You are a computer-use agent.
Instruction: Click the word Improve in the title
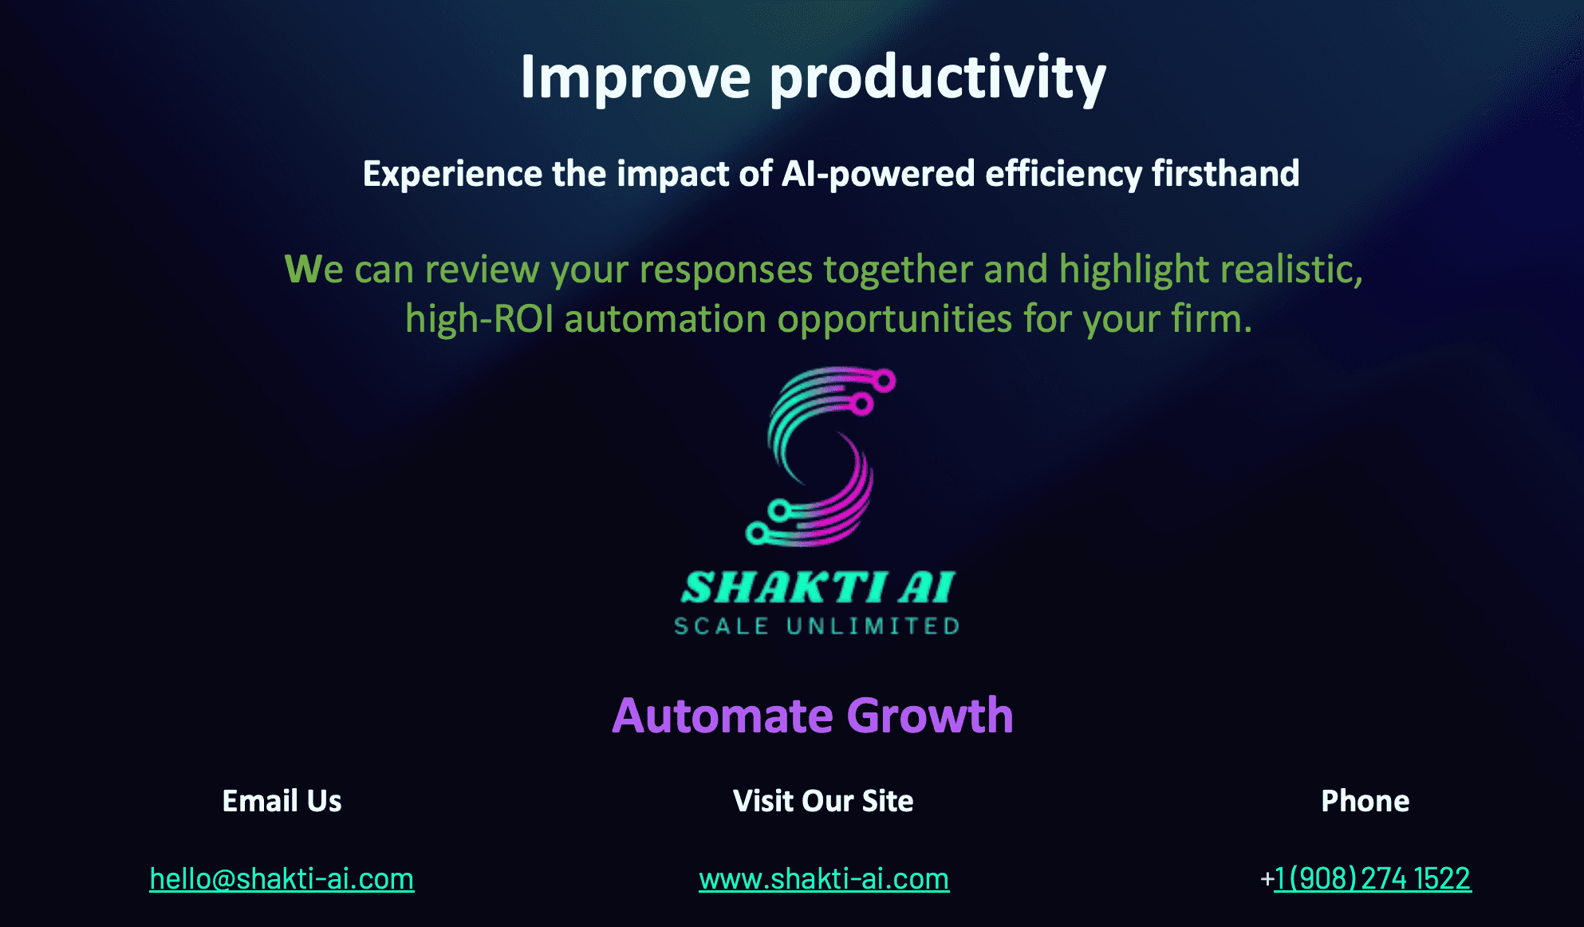click(636, 78)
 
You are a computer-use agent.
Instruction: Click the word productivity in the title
click(938, 78)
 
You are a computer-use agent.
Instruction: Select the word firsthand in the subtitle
click(1226, 173)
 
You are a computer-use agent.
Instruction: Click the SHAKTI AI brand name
click(818, 587)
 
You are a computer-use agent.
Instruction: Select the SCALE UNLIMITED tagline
click(817, 626)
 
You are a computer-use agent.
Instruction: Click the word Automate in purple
click(723, 716)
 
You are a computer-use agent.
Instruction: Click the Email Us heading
click(282, 801)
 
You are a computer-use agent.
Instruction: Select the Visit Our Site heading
click(823, 801)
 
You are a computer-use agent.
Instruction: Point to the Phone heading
click(1365, 801)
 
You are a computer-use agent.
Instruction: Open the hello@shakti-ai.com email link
click(282, 879)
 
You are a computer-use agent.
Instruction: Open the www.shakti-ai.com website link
click(824, 879)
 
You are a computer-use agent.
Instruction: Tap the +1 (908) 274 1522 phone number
click(1365, 878)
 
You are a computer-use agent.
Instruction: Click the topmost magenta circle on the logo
click(884, 381)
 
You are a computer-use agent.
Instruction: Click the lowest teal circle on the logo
click(757, 534)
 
